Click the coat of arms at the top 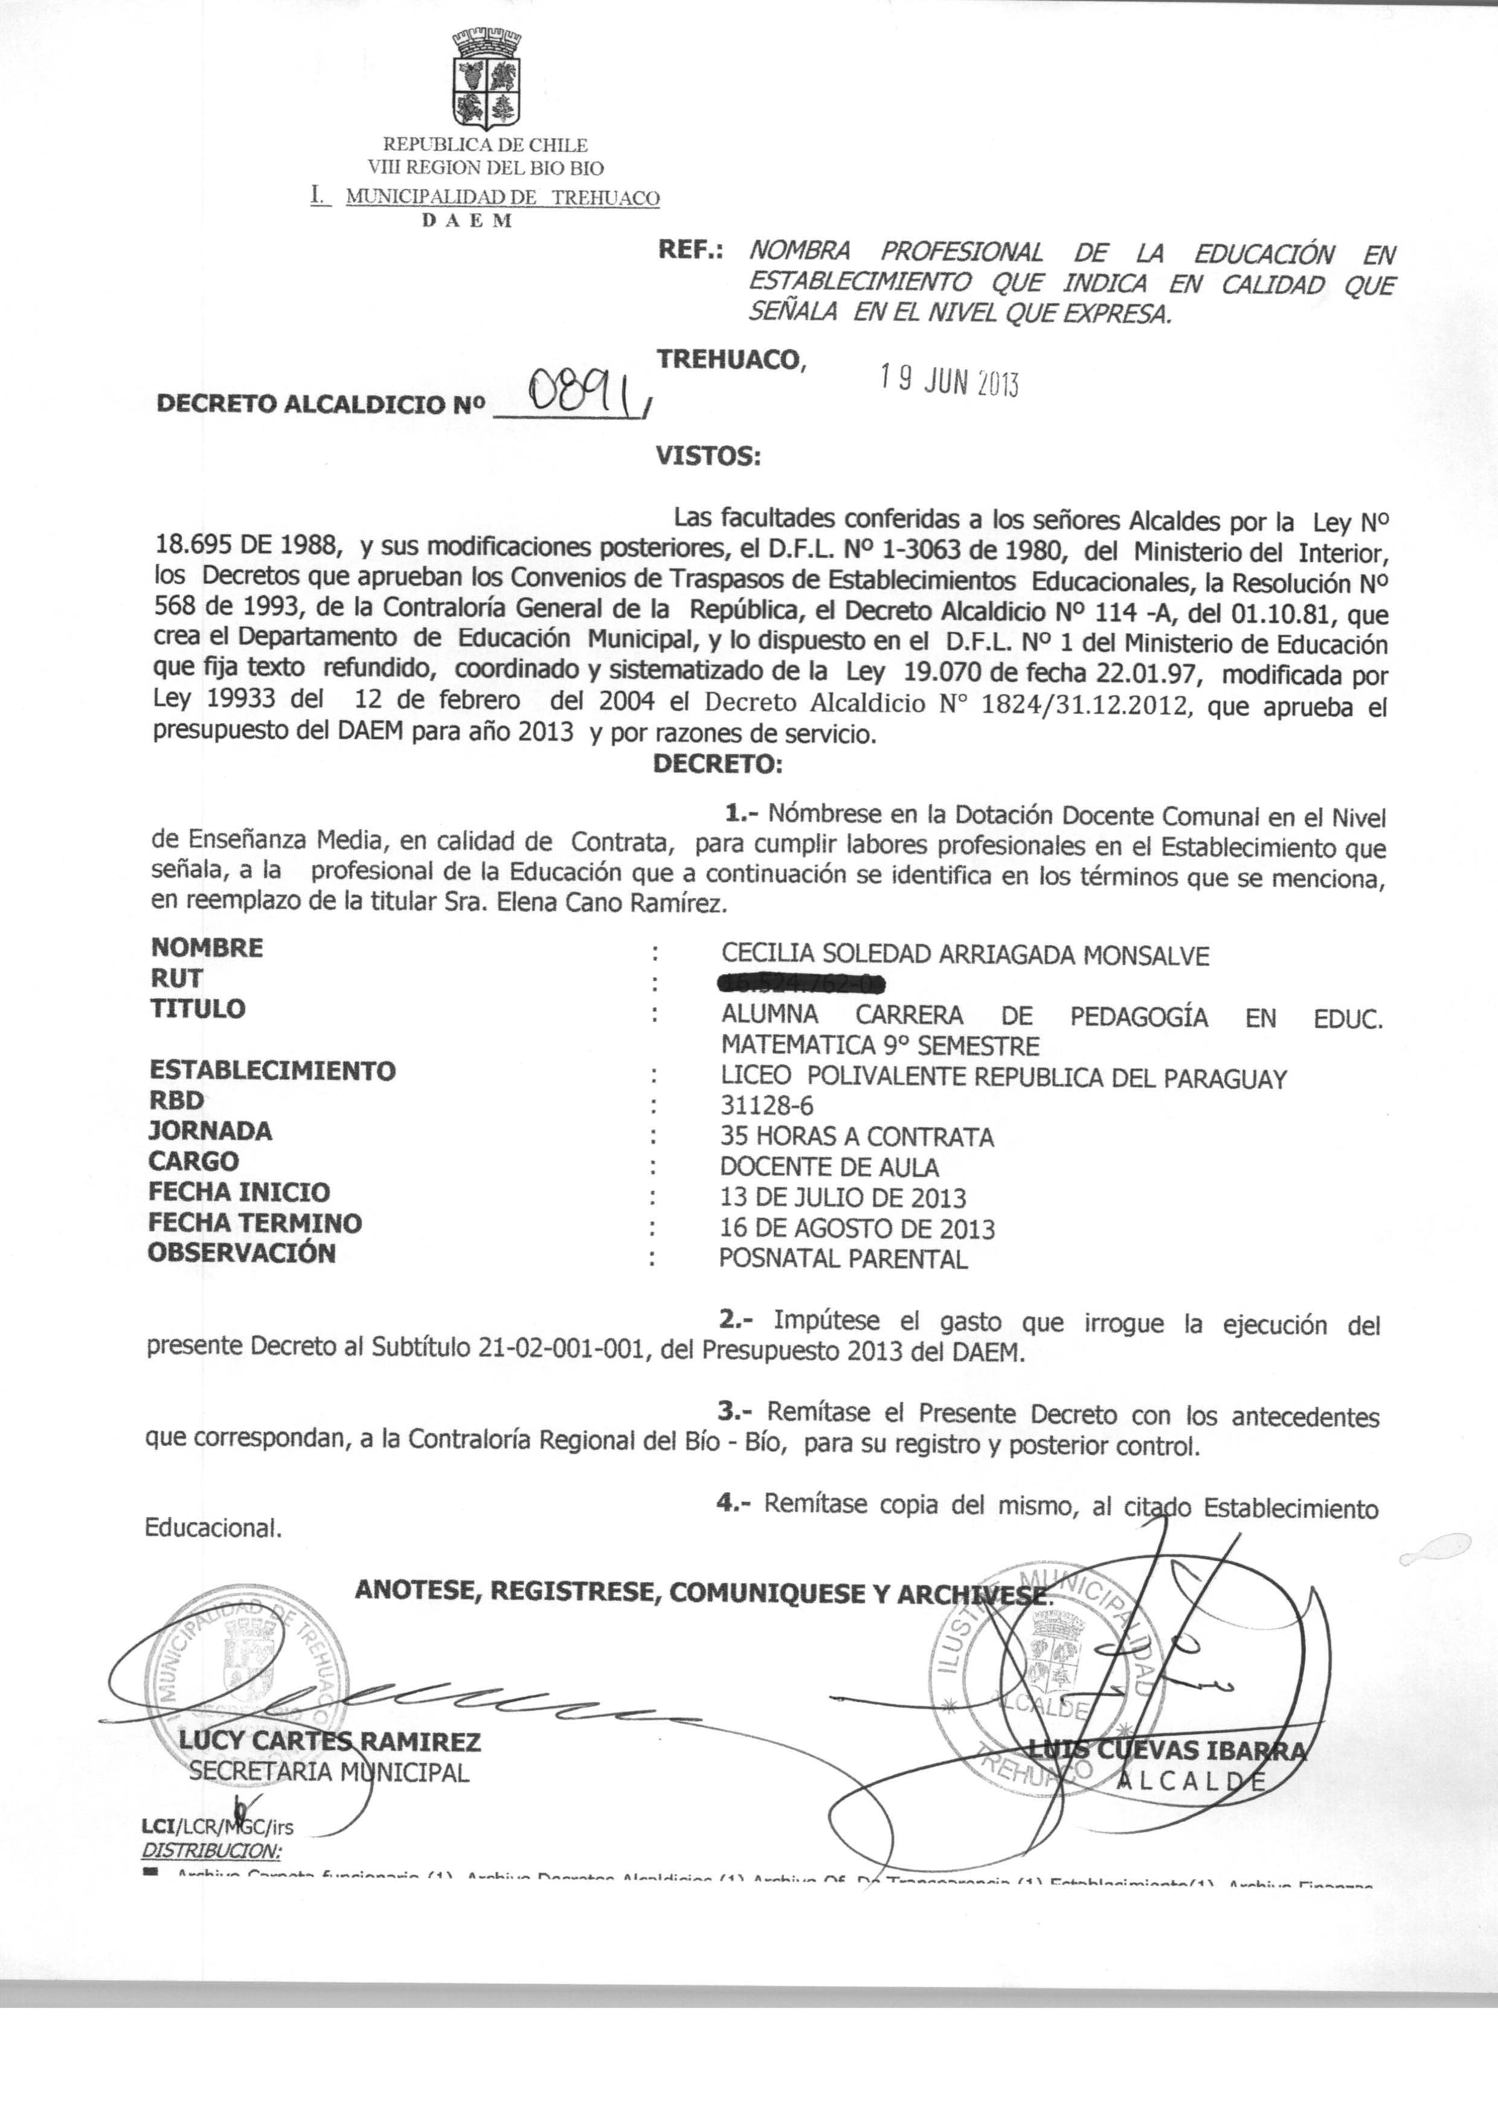pyautogui.click(x=486, y=81)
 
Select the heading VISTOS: pyautogui.click(x=707, y=455)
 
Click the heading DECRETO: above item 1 pyautogui.click(x=718, y=765)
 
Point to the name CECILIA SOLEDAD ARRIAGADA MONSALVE pyautogui.click(x=965, y=955)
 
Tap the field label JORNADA pyautogui.click(x=210, y=1131)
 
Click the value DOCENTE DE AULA pyautogui.click(x=829, y=1167)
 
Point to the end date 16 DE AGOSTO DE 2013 pyautogui.click(x=857, y=1228)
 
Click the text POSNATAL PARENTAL pyautogui.click(x=843, y=1260)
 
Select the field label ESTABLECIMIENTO pyautogui.click(x=272, y=1071)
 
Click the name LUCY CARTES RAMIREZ pyautogui.click(x=329, y=1742)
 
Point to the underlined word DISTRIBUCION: pyautogui.click(x=210, y=1850)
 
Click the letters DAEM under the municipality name pyautogui.click(x=467, y=221)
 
